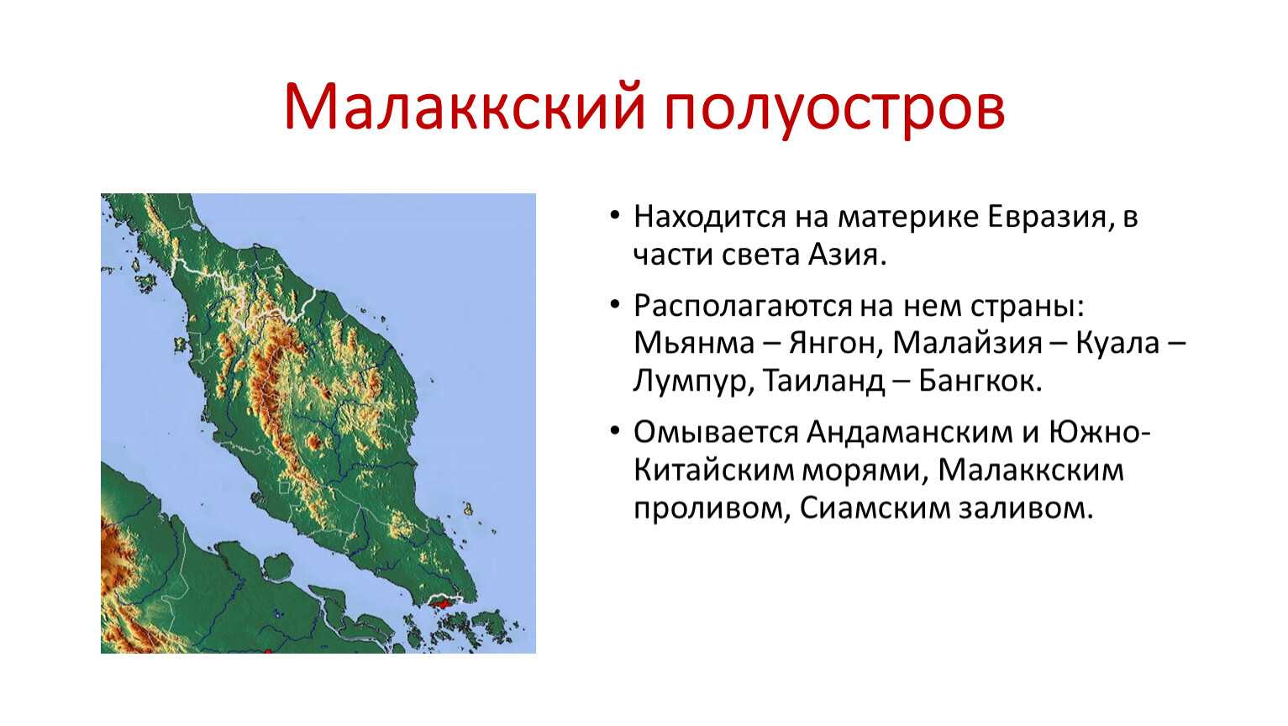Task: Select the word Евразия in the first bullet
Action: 1047,218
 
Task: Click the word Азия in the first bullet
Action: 843,255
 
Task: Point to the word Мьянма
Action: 694,343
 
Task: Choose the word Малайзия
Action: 967,343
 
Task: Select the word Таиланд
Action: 823,381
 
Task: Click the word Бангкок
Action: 979,381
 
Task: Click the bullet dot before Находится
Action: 615,216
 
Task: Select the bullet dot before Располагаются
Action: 615,304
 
